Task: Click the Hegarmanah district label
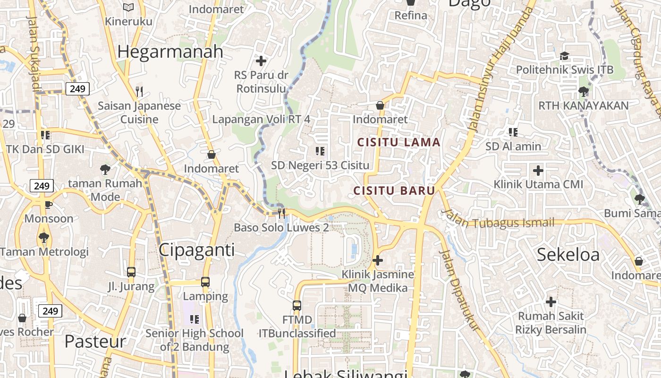[x=170, y=52]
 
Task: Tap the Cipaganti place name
[x=196, y=250]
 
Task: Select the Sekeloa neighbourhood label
[x=568, y=255]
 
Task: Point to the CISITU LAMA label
[x=398, y=142]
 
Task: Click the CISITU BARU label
[x=394, y=191]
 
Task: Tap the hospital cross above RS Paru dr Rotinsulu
[x=261, y=61]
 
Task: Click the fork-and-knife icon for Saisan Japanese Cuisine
[x=139, y=91]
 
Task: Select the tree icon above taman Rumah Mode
[x=105, y=169]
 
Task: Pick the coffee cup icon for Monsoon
[x=48, y=205]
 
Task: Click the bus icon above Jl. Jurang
[x=131, y=272]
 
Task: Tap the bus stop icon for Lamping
[x=205, y=282]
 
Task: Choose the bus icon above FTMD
[x=297, y=306]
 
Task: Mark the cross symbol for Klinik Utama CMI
[x=538, y=170]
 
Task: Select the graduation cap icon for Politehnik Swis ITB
[x=564, y=56]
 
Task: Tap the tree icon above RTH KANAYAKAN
[x=584, y=91]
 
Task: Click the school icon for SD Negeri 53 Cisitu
[x=320, y=151]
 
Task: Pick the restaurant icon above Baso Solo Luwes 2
[x=281, y=214]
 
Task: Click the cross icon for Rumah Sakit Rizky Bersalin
[x=551, y=301]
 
